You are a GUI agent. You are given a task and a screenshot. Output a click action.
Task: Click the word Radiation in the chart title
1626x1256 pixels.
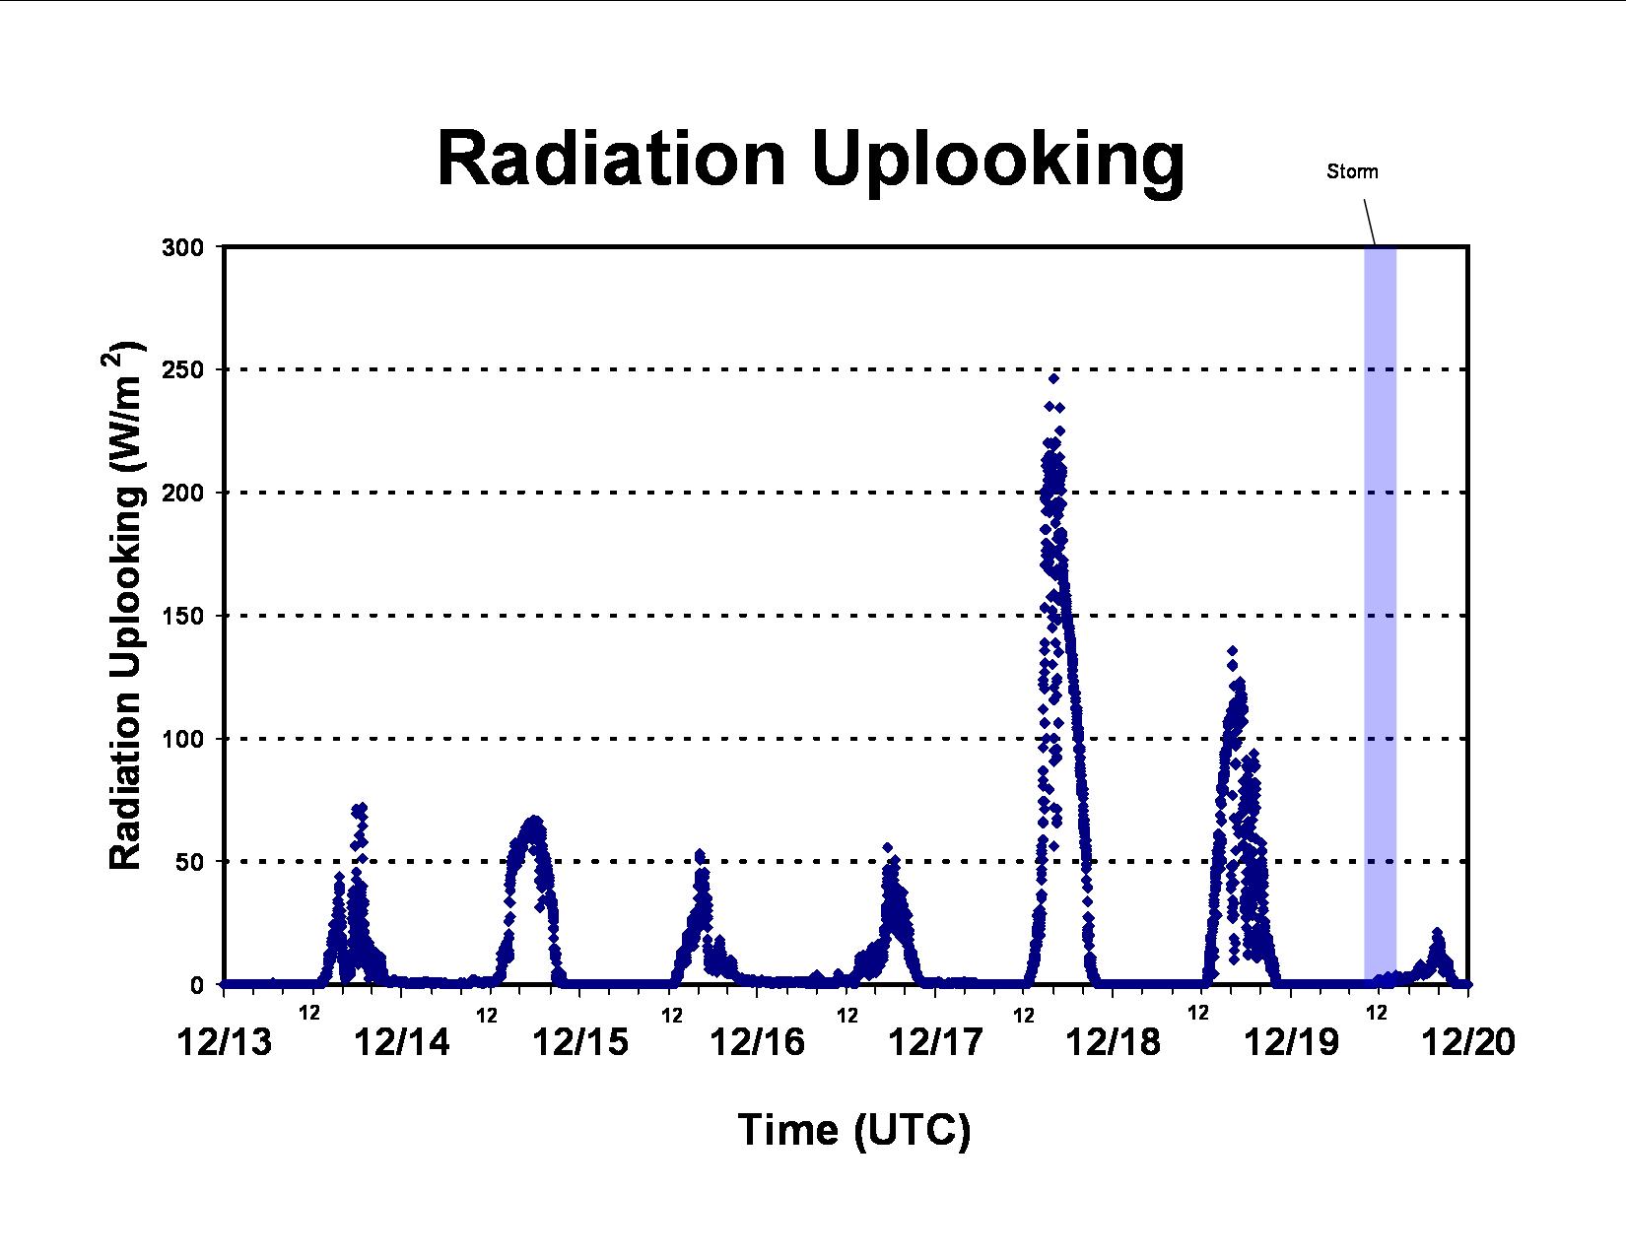(611, 159)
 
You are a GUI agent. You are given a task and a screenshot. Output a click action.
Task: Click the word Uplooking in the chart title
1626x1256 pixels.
(998, 165)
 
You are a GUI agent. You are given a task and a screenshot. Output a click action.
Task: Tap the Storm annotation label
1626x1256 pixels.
(1352, 171)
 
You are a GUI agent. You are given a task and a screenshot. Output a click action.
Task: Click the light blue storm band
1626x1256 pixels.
(1380, 615)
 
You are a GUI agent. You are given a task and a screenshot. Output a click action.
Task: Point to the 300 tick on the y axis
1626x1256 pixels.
(182, 247)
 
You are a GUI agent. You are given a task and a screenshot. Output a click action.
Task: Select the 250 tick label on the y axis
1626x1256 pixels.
(182, 370)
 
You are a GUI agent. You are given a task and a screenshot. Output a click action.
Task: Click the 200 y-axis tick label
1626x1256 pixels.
(182, 493)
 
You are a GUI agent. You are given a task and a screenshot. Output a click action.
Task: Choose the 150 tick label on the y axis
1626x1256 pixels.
(182, 617)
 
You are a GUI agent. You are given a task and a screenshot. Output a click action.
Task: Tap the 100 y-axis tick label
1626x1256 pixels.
(182, 739)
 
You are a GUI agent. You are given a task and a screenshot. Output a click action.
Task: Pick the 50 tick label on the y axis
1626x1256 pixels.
(190, 862)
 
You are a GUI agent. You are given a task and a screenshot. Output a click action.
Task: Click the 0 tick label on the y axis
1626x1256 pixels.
(197, 985)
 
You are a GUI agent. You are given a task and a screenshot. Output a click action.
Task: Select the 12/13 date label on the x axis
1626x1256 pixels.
(225, 1042)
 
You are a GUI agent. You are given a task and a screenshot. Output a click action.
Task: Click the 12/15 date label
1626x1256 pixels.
(580, 1042)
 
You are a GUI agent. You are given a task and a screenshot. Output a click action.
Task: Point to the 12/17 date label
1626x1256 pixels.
(935, 1042)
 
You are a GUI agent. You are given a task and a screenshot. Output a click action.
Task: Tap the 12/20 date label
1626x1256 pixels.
(1468, 1042)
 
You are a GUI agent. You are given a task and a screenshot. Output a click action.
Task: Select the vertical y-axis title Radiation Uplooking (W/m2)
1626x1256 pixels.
(124, 605)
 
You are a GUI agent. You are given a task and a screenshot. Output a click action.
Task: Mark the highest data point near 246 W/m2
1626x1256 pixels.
(1053, 378)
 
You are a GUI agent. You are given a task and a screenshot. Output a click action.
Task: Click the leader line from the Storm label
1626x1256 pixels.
(1370, 223)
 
